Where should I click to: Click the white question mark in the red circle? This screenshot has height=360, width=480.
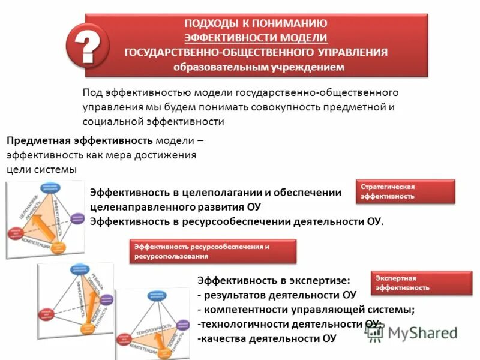[x=87, y=45]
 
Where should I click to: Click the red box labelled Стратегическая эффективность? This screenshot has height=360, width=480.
[x=404, y=191]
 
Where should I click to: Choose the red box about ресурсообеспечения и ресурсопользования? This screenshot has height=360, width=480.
[x=213, y=251]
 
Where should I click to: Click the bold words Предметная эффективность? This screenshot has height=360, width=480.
[x=79, y=140]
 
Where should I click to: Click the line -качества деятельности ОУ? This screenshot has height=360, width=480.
[x=267, y=338]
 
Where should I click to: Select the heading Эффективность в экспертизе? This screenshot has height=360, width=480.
[x=273, y=280]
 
